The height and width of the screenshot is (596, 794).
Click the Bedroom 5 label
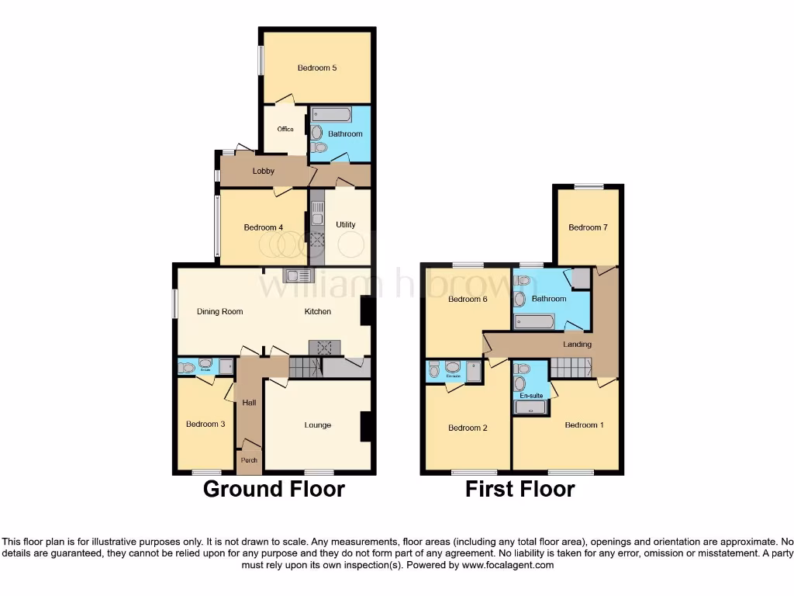[317, 68]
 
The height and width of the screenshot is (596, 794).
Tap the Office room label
[285, 129]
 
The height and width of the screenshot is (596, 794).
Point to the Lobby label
[263, 171]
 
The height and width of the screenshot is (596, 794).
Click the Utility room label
[346, 225]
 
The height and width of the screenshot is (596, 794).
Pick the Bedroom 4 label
[263, 227]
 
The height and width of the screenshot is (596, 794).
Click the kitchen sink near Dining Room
[298, 275]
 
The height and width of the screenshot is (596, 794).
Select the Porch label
[249, 460]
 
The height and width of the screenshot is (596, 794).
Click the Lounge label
[317, 425]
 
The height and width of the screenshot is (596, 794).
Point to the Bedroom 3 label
[205, 424]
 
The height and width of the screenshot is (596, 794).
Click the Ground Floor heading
[274, 489]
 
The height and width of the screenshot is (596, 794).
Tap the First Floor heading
[520, 489]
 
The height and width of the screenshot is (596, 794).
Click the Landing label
[577, 344]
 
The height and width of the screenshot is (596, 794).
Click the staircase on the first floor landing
[571, 367]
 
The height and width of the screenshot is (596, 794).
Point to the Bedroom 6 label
[468, 299]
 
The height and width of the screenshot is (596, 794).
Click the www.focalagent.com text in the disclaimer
[508, 566]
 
